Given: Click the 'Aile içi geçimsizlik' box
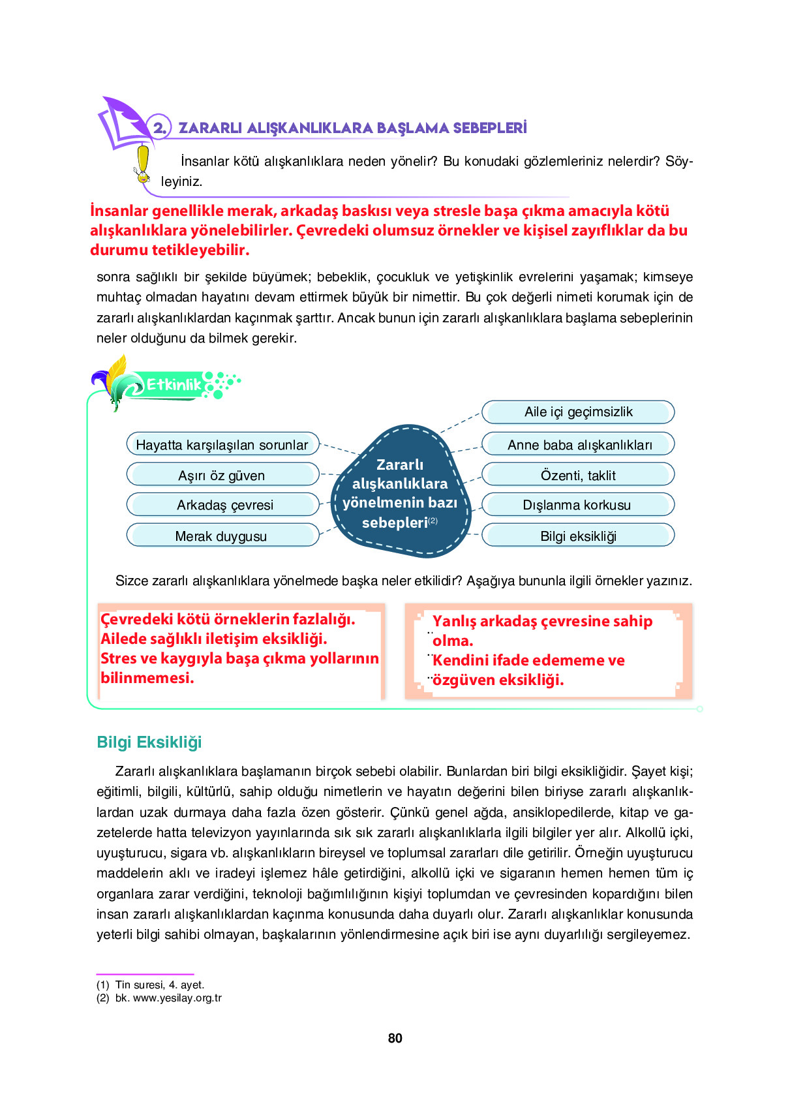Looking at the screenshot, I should coord(578,412).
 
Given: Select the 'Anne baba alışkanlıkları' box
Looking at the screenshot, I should coord(578,444).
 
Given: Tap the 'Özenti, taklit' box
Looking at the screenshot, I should coord(578,475).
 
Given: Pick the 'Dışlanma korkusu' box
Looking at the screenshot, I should coord(578,505).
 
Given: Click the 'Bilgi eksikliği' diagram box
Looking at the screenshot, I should coord(578,536).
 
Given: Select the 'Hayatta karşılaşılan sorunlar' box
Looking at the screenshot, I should coord(222,444).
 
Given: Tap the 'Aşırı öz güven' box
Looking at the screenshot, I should coord(222,475).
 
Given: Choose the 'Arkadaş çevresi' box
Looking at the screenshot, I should coord(222,505).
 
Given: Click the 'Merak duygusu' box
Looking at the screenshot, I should coord(222,536).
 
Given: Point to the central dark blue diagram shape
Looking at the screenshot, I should coord(400,493).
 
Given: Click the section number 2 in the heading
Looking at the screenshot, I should coord(159,128).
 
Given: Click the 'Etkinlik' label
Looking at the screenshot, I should coord(173,384).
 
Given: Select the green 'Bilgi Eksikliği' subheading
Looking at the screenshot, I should coord(149,742).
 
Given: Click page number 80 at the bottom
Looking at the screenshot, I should coord(395,1038).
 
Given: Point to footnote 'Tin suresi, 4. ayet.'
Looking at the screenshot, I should coord(159,984).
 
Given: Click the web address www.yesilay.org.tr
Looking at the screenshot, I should coord(177,998).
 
